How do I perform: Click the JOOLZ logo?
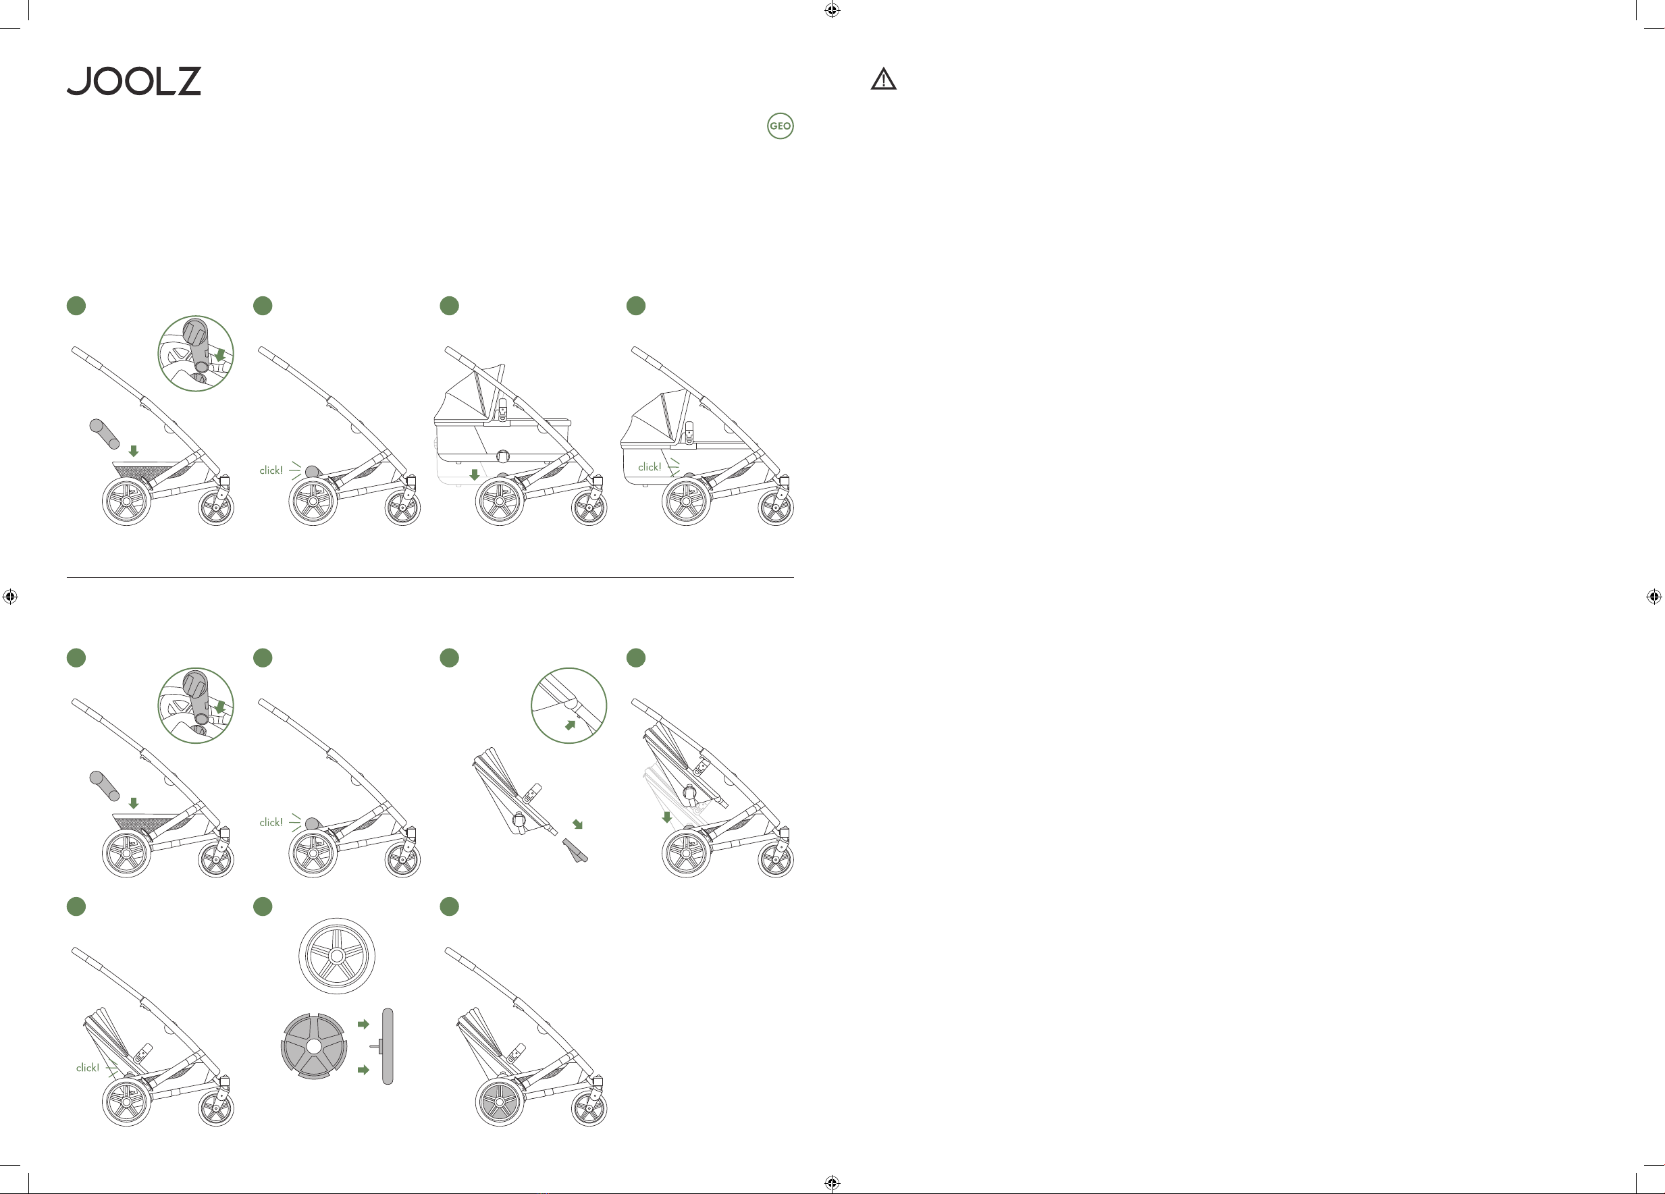(x=134, y=81)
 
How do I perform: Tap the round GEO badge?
(x=780, y=126)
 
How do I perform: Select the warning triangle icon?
(x=883, y=78)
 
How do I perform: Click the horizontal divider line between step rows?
(x=430, y=578)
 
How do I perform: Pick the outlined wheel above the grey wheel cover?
(x=337, y=956)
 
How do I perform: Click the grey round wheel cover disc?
(x=314, y=1046)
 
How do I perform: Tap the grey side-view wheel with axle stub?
(x=386, y=1046)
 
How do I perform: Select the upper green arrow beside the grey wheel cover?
(x=363, y=1024)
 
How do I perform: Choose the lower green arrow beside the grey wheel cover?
(x=363, y=1070)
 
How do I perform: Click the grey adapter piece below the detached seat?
(x=575, y=850)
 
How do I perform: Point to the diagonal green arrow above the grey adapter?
(x=578, y=824)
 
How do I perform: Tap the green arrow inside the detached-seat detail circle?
(x=571, y=725)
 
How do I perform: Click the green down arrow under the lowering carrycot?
(x=474, y=474)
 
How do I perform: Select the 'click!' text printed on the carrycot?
(x=650, y=467)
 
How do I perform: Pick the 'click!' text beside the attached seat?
(x=87, y=1068)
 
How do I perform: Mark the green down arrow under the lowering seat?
(x=666, y=817)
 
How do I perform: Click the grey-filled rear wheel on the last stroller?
(x=500, y=1102)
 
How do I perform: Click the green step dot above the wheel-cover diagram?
(x=263, y=906)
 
